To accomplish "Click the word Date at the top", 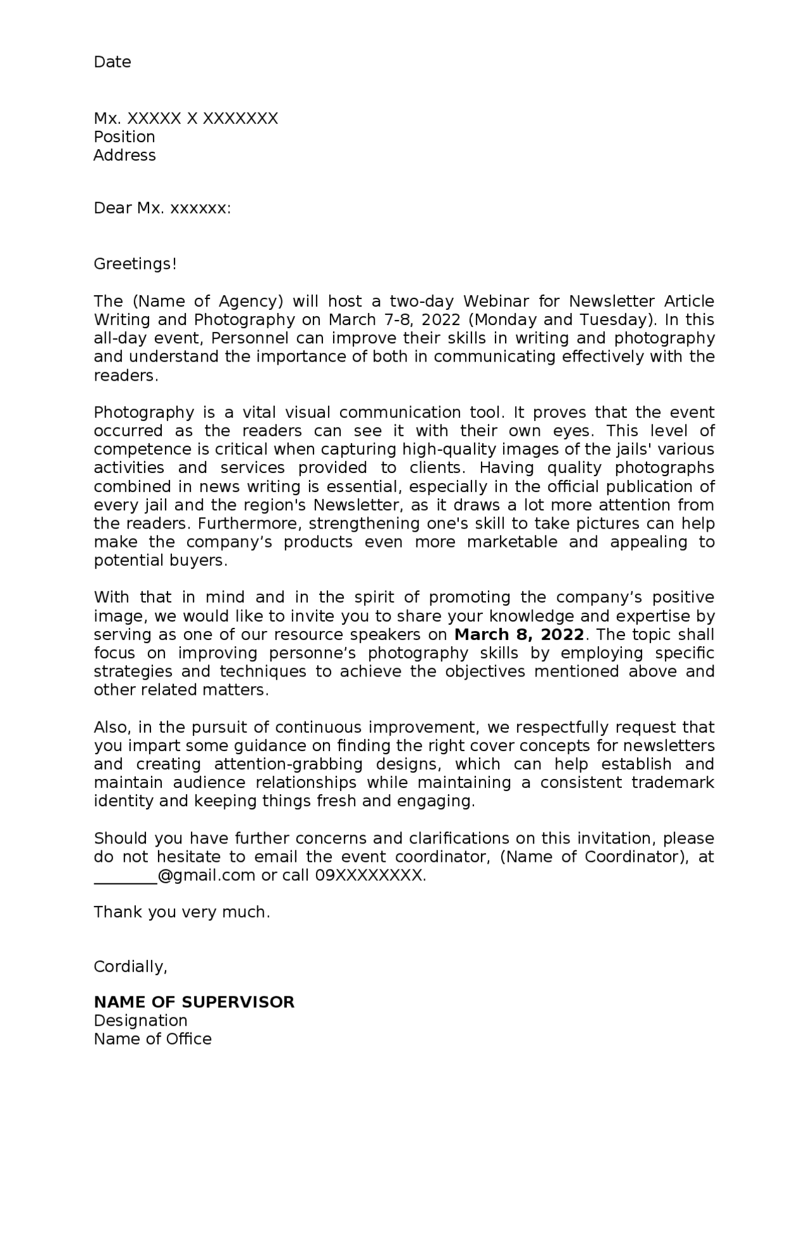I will [x=112, y=62].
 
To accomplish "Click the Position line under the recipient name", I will [x=124, y=137].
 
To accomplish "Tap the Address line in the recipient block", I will [x=125, y=156].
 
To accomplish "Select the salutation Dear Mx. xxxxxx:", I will [x=162, y=209].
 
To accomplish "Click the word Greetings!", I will [x=135, y=264].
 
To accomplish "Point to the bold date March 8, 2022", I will [x=519, y=635].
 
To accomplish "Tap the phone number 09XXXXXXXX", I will [x=370, y=876].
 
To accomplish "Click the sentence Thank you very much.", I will [x=181, y=912].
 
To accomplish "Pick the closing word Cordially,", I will [x=130, y=967].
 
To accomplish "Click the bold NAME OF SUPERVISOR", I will [x=193, y=1003].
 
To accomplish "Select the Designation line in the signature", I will [x=140, y=1021].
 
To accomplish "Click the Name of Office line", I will [x=152, y=1039].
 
